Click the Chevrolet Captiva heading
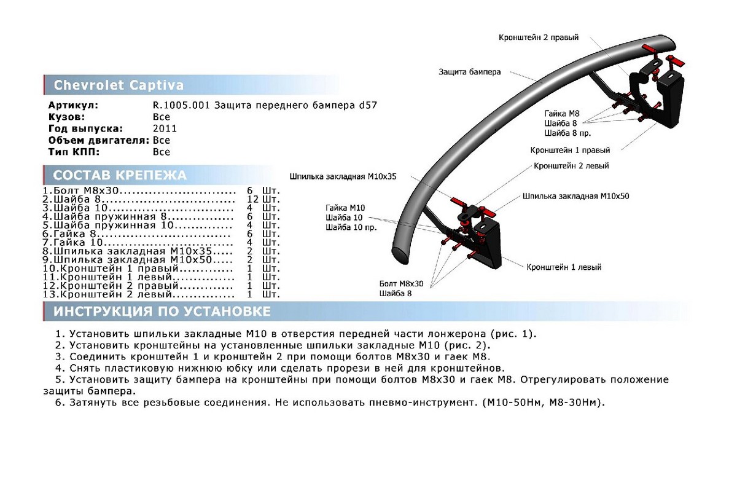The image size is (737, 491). tap(119, 85)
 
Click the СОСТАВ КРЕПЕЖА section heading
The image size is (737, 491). tap(120, 175)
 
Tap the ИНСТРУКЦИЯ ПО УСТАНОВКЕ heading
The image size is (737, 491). tap(162, 312)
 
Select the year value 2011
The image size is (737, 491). tap(165, 128)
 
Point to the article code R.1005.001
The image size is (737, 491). tap(181, 105)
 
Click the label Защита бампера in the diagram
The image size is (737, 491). tap(469, 72)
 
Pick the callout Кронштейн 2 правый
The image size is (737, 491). tap(539, 37)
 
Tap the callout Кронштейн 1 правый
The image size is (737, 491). tap(571, 150)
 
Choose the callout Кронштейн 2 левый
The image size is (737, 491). tap(571, 166)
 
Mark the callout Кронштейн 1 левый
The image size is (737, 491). tap(563, 267)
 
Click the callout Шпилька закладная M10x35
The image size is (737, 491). tap(343, 176)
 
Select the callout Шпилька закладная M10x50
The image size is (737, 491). tap(575, 196)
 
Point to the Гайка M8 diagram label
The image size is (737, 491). tap(561, 113)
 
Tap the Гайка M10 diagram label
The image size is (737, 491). tap(345, 207)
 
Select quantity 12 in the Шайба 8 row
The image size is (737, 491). tap(252, 200)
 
